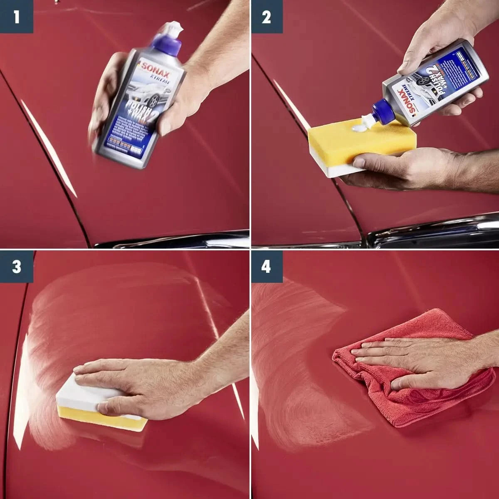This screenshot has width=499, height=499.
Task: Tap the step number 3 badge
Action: (x=16, y=267)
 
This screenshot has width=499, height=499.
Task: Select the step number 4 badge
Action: (x=266, y=267)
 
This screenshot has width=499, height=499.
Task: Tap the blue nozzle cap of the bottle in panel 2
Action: (x=381, y=111)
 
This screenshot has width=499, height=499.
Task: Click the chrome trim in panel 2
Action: (x=432, y=233)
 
